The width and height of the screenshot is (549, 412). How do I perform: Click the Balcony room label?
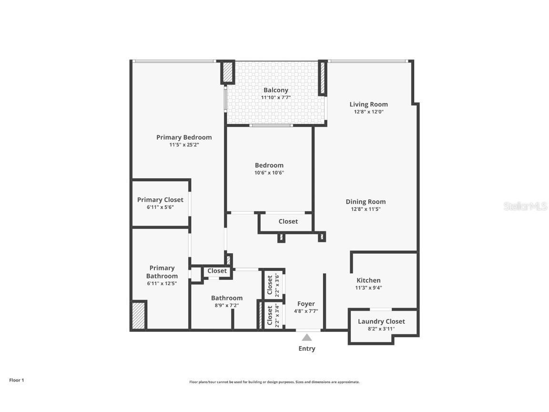coord(275,90)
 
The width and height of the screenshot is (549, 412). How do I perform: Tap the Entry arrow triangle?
coord(307,338)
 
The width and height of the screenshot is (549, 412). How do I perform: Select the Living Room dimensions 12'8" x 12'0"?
coord(368,112)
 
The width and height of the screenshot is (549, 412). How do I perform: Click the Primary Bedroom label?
coord(184,137)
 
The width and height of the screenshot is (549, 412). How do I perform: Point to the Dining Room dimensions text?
coord(366,209)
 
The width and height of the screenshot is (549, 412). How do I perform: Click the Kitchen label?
coord(368,280)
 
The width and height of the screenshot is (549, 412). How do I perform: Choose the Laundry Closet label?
coord(381,321)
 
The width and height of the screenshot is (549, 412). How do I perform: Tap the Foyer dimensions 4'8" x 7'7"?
coord(306,311)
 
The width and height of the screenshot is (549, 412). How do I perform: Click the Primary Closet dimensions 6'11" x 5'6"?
coord(160,207)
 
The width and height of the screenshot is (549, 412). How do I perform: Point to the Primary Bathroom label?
coord(162,272)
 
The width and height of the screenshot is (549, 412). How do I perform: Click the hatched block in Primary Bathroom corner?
coord(139,315)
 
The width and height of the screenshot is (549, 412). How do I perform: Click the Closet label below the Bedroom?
coord(288,221)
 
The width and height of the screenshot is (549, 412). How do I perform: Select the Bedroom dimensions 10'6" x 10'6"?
coord(269,173)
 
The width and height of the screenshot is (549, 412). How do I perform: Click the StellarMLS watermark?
coord(525,206)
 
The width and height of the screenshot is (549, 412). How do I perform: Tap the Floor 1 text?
coord(16,380)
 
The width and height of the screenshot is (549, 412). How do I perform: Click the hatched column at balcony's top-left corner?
coord(228,72)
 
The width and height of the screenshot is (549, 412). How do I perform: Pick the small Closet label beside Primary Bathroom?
coord(217,271)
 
